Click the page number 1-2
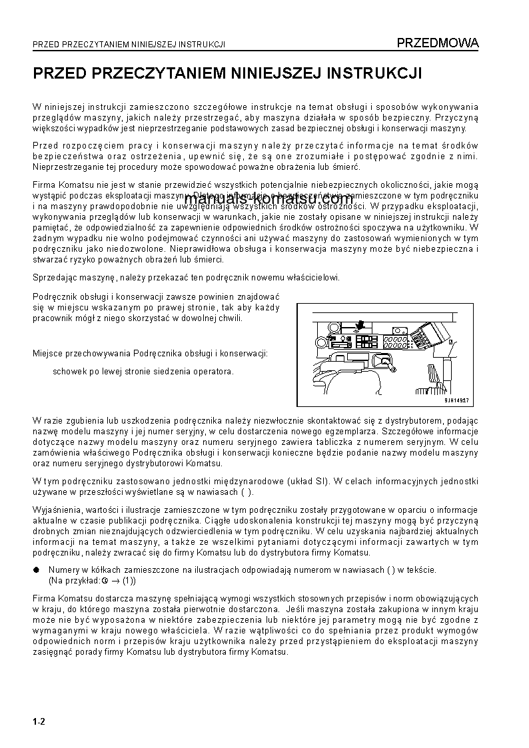click(x=38, y=721)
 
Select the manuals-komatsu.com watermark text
click(x=268, y=198)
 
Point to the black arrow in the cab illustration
click(x=360, y=326)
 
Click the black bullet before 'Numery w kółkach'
click(x=36, y=570)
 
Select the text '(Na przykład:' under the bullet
click(x=73, y=580)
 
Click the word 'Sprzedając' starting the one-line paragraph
click(x=53, y=277)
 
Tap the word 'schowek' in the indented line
click(x=67, y=371)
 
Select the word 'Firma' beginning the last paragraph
click(x=44, y=599)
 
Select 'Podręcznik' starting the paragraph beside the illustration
click(x=53, y=297)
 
